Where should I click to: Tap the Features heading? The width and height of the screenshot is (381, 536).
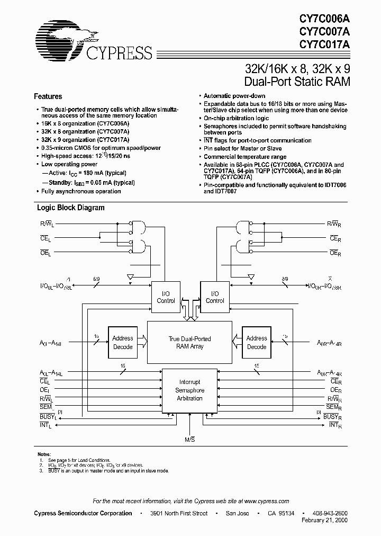tap(48, 96)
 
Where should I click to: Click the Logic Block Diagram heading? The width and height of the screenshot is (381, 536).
tap(70, 208)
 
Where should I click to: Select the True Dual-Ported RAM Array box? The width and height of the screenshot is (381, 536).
tap(189, 342)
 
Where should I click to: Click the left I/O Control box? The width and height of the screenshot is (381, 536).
tap(166, 297)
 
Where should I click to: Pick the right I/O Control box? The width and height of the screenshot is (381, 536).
tap(214, 297)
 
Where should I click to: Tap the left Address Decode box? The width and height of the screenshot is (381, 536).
tap(122, 342)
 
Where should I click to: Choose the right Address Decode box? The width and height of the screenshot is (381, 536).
tap(257, 342)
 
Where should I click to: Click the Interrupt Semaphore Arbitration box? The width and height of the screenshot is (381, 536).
tap(189, 390)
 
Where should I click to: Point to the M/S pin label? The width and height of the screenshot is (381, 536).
tap(189, 440)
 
